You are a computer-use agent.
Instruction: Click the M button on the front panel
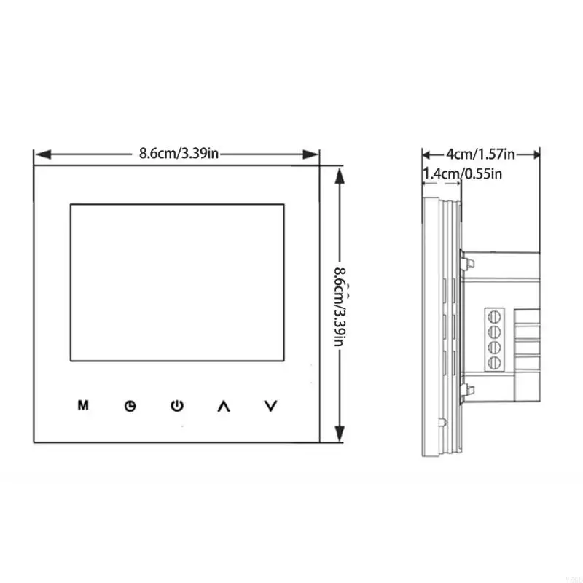pyautogui.click(x=83, y=405)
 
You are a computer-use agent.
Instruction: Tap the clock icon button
pyautogui.click(x=130, y=406)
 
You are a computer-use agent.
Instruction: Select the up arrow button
pyautogui.click(x=223, y=406)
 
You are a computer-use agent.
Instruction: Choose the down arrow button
pyautogui.click(x=270, y=406)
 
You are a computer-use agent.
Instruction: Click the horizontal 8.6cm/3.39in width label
pyautogui.click(x=178, y=154)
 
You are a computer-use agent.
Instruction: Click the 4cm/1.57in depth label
pyautogui.click(x=481, y=154)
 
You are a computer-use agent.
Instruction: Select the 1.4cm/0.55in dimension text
pyautogui.click(x=463, y=173)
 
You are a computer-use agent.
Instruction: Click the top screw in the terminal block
pyautogui.click(x=493, y=316)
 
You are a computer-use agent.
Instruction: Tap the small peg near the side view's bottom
pyautogui.click(x=442, y=422)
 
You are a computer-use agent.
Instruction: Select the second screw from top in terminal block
pyautogui.click(x=493, y=332)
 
